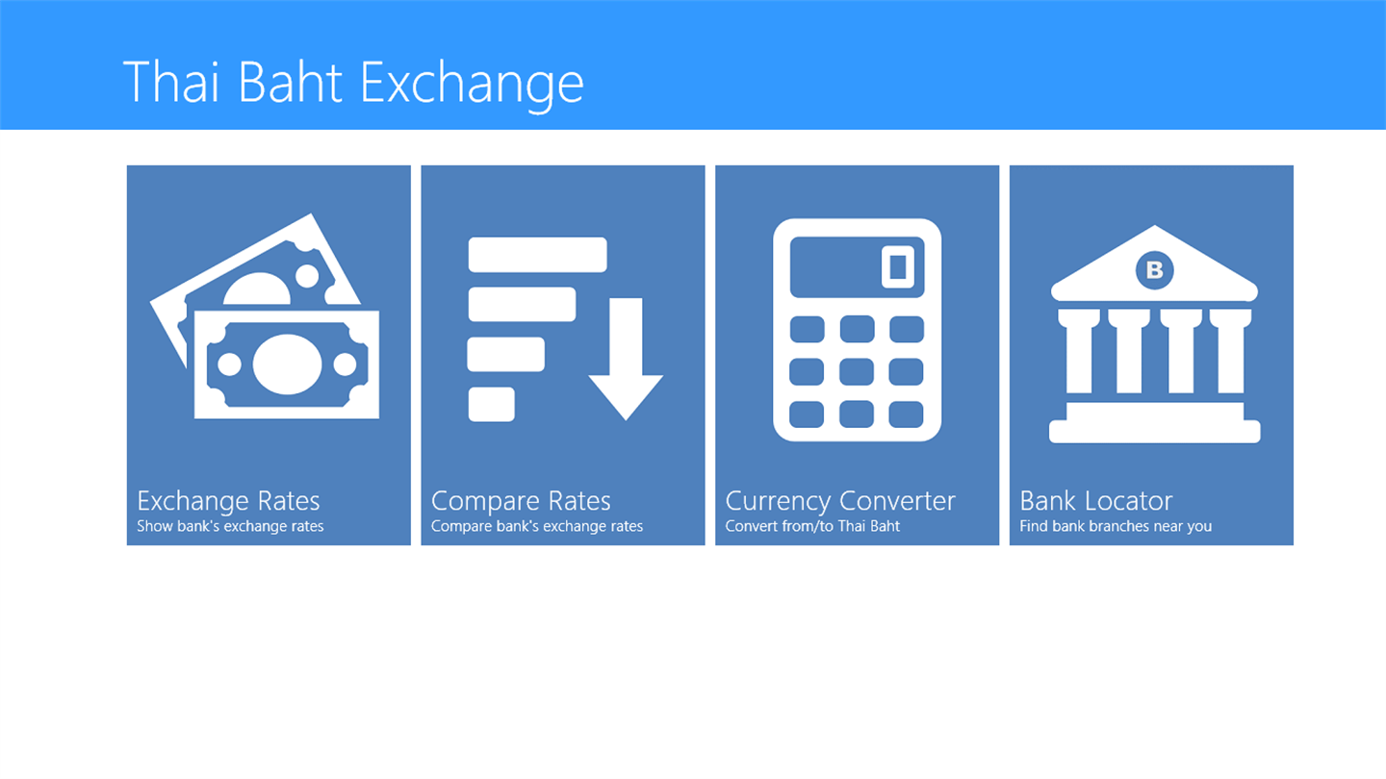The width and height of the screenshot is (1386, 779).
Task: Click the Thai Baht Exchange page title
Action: click(353, 84)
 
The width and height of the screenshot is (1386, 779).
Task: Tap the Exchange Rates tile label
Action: click(228, 501)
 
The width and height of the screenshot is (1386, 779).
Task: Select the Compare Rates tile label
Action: click(521, 501)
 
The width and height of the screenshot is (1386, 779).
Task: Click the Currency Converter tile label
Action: click(840, 501)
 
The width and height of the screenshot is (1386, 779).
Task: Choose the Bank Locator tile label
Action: click(1095, 501)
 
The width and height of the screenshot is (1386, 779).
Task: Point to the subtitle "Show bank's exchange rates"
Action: click(230, 526)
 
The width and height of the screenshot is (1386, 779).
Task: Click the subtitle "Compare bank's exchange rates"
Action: click(536, 526)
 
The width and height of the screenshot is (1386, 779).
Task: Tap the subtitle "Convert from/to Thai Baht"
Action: click(812, 526)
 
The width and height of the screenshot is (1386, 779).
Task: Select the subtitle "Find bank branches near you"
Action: click(1116, 526)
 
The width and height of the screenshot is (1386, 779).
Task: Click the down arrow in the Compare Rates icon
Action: click(626, 360)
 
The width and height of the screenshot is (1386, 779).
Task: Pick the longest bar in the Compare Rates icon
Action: click(538, 255)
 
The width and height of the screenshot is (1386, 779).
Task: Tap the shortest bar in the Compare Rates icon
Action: click(491, 404)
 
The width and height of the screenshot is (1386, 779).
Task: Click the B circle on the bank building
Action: click(1155, 270)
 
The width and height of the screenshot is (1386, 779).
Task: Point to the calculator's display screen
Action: click(857, 267)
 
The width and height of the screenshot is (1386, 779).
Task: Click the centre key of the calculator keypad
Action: click(857, 372)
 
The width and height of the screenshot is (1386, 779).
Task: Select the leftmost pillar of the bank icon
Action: click(1078, 351)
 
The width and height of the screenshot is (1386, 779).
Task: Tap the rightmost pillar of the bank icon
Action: click(1231, 351)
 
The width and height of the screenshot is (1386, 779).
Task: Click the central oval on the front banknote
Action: click(287, 364)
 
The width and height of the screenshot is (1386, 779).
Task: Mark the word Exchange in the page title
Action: click(472, 84)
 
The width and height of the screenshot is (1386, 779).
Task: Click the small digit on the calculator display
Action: click(898, 267)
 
